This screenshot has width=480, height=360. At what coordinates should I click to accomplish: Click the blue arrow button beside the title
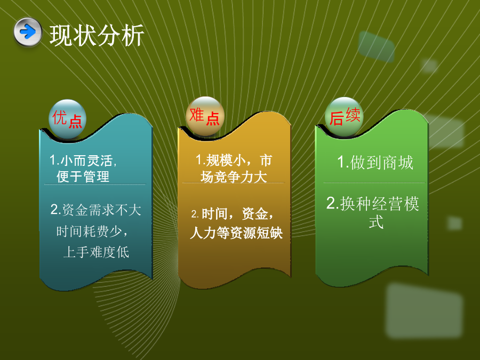point(28,32)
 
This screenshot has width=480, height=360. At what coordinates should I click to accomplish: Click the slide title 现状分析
point(97,36)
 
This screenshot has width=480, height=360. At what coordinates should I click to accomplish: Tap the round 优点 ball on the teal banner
point(67,119)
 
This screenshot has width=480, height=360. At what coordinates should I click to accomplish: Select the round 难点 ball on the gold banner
point(205,116)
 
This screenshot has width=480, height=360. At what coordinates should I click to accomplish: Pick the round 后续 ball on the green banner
point(344,117)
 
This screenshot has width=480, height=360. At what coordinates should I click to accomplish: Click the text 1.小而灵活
point(83,160)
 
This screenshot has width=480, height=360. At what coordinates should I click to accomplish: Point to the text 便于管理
point(83,177)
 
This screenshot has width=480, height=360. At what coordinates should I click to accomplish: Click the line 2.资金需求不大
point(96,210)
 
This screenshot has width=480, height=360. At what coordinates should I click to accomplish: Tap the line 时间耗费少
point(92,231)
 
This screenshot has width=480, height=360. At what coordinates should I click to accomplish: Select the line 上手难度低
point(96,252)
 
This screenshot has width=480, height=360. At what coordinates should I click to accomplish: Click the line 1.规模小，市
point(234,160)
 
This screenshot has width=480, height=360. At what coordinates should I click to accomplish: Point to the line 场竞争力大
point(234,177)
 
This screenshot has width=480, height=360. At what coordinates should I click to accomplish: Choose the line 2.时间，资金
point(233,214)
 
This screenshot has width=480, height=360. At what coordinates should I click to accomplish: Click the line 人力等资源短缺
point(236,233)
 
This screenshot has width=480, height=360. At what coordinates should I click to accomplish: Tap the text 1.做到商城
point(375,162)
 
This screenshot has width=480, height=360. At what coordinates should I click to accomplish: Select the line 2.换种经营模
point(373,204)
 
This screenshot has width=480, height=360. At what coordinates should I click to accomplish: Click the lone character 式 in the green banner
point(376,222)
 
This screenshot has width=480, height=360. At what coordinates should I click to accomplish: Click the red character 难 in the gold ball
point(197,115)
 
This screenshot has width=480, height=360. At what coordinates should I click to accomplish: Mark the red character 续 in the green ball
point(353,115)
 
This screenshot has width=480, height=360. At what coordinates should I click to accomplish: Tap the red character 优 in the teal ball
point(60,117)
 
